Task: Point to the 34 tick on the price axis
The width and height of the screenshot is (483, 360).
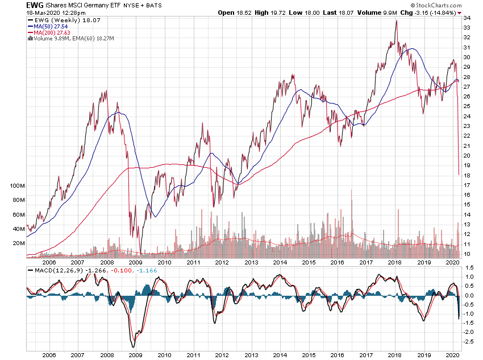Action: (x=467, y=18)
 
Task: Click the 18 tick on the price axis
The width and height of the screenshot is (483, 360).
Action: (x=467, y=175)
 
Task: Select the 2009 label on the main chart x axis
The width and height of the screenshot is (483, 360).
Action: (x=135, y=262)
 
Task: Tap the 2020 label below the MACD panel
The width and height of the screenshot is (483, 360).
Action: (x=452, y=354)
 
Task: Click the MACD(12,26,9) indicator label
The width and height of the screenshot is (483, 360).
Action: (x=55, y=271)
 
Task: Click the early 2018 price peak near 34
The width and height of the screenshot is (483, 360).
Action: (x=395, y=21)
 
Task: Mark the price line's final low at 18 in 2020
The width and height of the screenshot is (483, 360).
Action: (x=459, y=174)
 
